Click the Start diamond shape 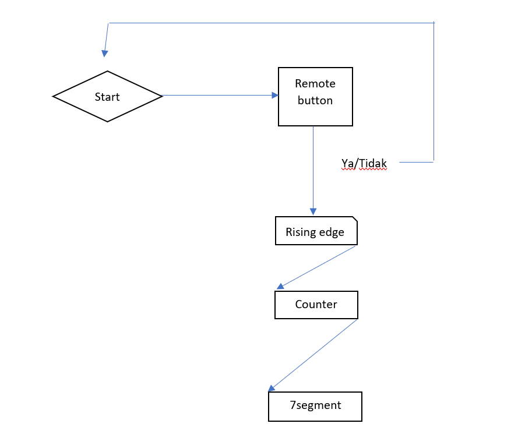[107, 96]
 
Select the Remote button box [315, 96]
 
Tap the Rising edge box [316, 231]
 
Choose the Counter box [316, 305]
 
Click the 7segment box [315, 406]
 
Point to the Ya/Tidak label [364, 164]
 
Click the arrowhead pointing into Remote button [275, 96]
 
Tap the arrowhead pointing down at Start [105, 54]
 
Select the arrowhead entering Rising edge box [313, 211]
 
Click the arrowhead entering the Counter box [280, 285]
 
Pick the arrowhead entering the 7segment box [272, 388]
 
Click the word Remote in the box [315, 83]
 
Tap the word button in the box [315, 100]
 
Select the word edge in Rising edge [331, 232]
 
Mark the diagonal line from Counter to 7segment [315, 354]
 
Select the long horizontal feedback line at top [271, 23]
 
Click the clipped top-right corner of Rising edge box [354, 220]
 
